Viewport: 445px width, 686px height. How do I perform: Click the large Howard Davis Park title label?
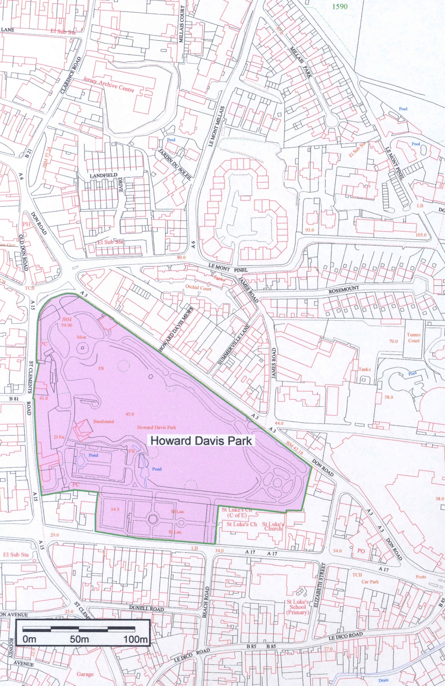[201, 441]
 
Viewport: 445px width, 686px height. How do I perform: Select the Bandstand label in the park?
[103, 421]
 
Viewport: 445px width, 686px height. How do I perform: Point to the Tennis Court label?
[413, 338]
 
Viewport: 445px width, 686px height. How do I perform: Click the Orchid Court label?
[198, 287]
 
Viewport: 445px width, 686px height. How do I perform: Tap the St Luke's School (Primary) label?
[297, 607]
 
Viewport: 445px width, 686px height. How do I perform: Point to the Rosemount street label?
[344, 290]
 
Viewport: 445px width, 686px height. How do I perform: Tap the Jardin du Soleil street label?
[174, 165]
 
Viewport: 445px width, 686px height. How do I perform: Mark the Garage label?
[85, 674]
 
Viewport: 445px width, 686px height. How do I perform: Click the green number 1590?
[339, 6]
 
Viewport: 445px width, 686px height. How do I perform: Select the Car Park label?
[370, 582]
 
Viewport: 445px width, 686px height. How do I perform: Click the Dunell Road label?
[146, 609]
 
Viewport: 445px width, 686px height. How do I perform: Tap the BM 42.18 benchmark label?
[295, 447]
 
